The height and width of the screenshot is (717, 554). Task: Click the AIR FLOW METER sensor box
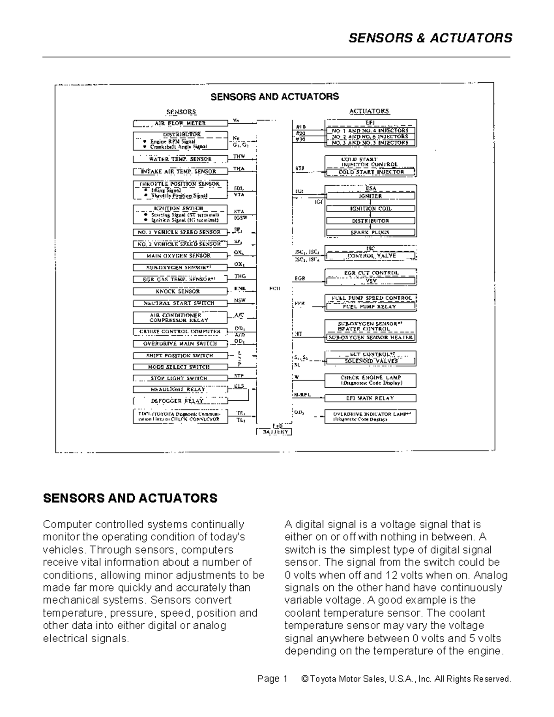pos(180,123)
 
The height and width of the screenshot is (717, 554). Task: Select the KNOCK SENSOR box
pos(180,291)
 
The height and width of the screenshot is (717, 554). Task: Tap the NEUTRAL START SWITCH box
pos(180,303)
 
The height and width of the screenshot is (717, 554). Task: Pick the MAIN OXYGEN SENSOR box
pos(180,256)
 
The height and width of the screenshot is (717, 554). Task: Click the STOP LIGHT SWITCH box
pos(180,378)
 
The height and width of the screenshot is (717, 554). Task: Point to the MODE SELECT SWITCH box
pos(180,367)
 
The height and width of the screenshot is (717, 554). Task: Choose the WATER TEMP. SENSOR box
pos(180,159)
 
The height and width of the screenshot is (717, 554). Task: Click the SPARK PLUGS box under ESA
pos(370,233)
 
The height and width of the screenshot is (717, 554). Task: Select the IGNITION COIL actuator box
pos(370,209)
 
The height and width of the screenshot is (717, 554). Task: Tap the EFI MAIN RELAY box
pos(370,398)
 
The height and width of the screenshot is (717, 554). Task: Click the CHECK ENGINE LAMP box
pos(370,380)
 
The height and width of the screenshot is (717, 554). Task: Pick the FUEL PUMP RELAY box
pos(370,307)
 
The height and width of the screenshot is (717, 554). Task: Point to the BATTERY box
pos(274,432)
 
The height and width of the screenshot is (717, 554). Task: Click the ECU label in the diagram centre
pos(274,289)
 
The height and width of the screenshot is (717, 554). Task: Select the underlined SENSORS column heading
pos(181,112)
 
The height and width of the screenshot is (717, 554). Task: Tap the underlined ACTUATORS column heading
pos(369,111)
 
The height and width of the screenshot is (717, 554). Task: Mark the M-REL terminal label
pos(302,395)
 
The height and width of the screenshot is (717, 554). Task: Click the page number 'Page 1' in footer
pos(272,679)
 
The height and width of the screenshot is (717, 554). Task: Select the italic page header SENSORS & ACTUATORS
pos(430,38)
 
